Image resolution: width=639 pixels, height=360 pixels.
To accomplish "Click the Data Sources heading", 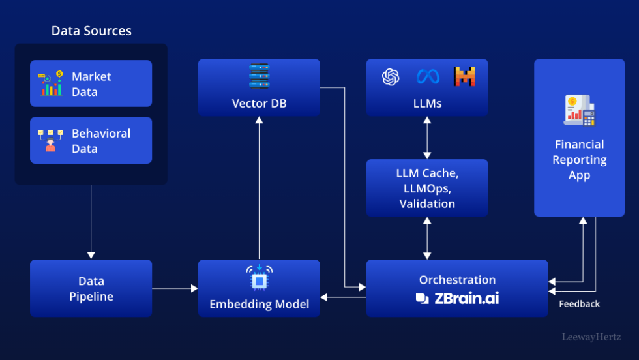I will pyautogui.click(x=91, y=31).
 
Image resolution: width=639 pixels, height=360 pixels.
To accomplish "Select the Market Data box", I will pyautogui.click(x=91, y=83).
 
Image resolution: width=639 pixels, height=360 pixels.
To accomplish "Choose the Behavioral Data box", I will pyautogui.click(x=91, y=140).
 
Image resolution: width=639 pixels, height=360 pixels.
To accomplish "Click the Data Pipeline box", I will pyautogui.click(x=91, y=288).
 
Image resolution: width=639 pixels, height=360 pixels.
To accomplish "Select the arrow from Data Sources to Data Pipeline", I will pyautogui.click(x=91, y=222).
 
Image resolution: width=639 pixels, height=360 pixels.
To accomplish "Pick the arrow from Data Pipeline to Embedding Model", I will pyautogui.click(x=175, y=288).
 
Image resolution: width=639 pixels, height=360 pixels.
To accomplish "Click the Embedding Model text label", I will pyautogui.click(x=259, y=304).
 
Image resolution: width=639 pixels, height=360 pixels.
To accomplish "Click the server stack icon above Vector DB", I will pyautogui.click(x=259, y=76).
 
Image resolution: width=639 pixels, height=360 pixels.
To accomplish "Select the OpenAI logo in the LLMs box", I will pyautogui.click(x=390, y=77).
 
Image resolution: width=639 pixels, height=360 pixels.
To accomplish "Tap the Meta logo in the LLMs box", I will pyautogui.click(x=428, y=77).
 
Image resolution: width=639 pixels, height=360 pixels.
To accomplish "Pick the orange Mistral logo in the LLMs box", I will pyautogui.click(x=464, y=77).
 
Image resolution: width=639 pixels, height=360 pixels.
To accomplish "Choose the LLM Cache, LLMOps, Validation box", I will pyautogui.click(x=426, y=188).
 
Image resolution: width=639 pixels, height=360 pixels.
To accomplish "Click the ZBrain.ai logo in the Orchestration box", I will pyautogui.click(x=457, y=299).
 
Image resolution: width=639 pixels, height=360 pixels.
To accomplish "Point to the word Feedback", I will pyautogui.click(x=579, y=304).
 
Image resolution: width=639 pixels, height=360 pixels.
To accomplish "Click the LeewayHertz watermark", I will pyautogui.click(x=591, y=337).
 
